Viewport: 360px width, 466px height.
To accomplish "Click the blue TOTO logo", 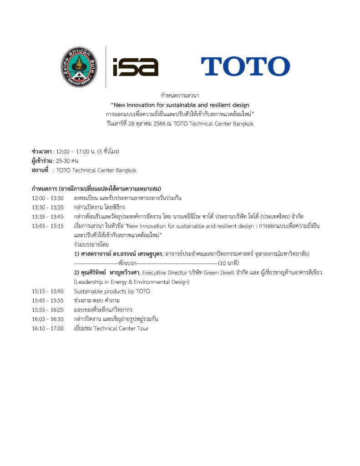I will [x=245, y=66].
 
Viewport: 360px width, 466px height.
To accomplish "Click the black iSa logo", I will [x=135, y=67].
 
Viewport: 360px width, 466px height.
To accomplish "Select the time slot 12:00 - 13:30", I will [x=48, y=198].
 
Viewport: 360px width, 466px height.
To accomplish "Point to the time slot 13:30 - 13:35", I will [x=48, y=208].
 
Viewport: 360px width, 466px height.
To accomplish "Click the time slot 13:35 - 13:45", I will [x=48, y=217].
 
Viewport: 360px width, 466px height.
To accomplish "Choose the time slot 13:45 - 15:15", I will [x=48, y=226].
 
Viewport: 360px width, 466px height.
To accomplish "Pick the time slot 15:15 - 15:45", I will [x=48, y=291].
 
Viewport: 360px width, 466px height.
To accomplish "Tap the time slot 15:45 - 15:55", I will [x=48, y=300].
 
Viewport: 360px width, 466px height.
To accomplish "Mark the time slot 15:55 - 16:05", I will [x=48, y=309].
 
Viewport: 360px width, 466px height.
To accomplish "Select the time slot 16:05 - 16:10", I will [x=48, y=319].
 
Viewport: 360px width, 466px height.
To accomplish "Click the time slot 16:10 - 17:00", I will [x=48, y=328].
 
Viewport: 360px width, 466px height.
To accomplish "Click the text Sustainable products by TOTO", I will [x=112, y=291].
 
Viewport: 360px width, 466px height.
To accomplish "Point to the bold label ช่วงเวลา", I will [x=42, y=152].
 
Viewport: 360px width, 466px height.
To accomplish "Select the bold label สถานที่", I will [x=40, y=170].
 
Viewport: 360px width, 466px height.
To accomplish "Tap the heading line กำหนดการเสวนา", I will [x=180, y=96].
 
